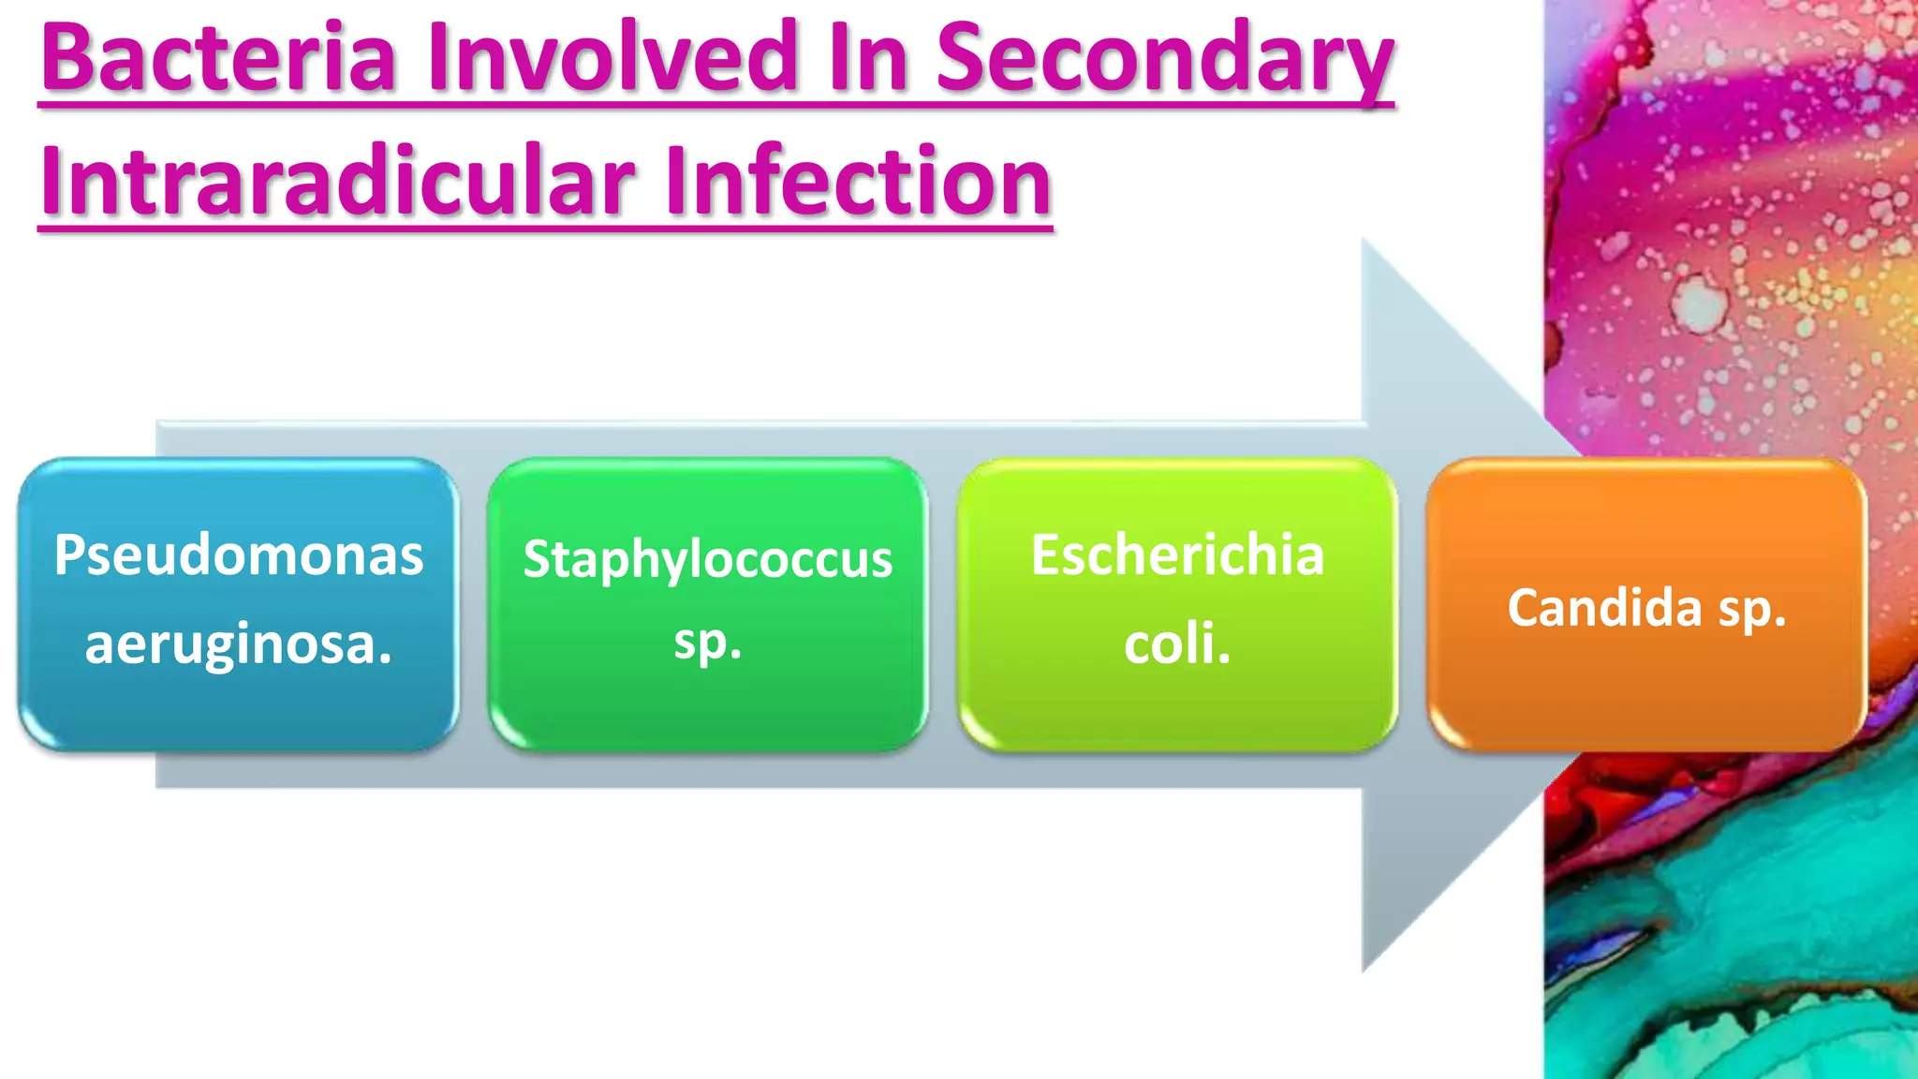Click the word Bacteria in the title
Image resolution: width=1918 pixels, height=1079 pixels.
pyautogui.click(x=219, y=58)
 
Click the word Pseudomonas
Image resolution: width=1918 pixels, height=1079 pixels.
pyautogui.click(x=239, y=555)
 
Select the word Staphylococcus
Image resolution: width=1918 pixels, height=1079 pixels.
pyautogui.click(x=708, y=560)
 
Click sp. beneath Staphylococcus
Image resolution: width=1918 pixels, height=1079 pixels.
pyautogui.click(x=708, y=643)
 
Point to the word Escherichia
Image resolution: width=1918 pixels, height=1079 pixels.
pyautogui.click(x=1178, y=555)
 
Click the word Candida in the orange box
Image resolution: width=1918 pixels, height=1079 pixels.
pyautogui.click(x=1603, y=608)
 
